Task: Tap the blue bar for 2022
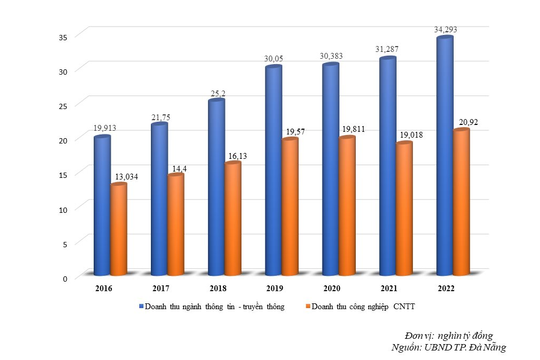[445, 155]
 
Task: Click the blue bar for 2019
[273, 170]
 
